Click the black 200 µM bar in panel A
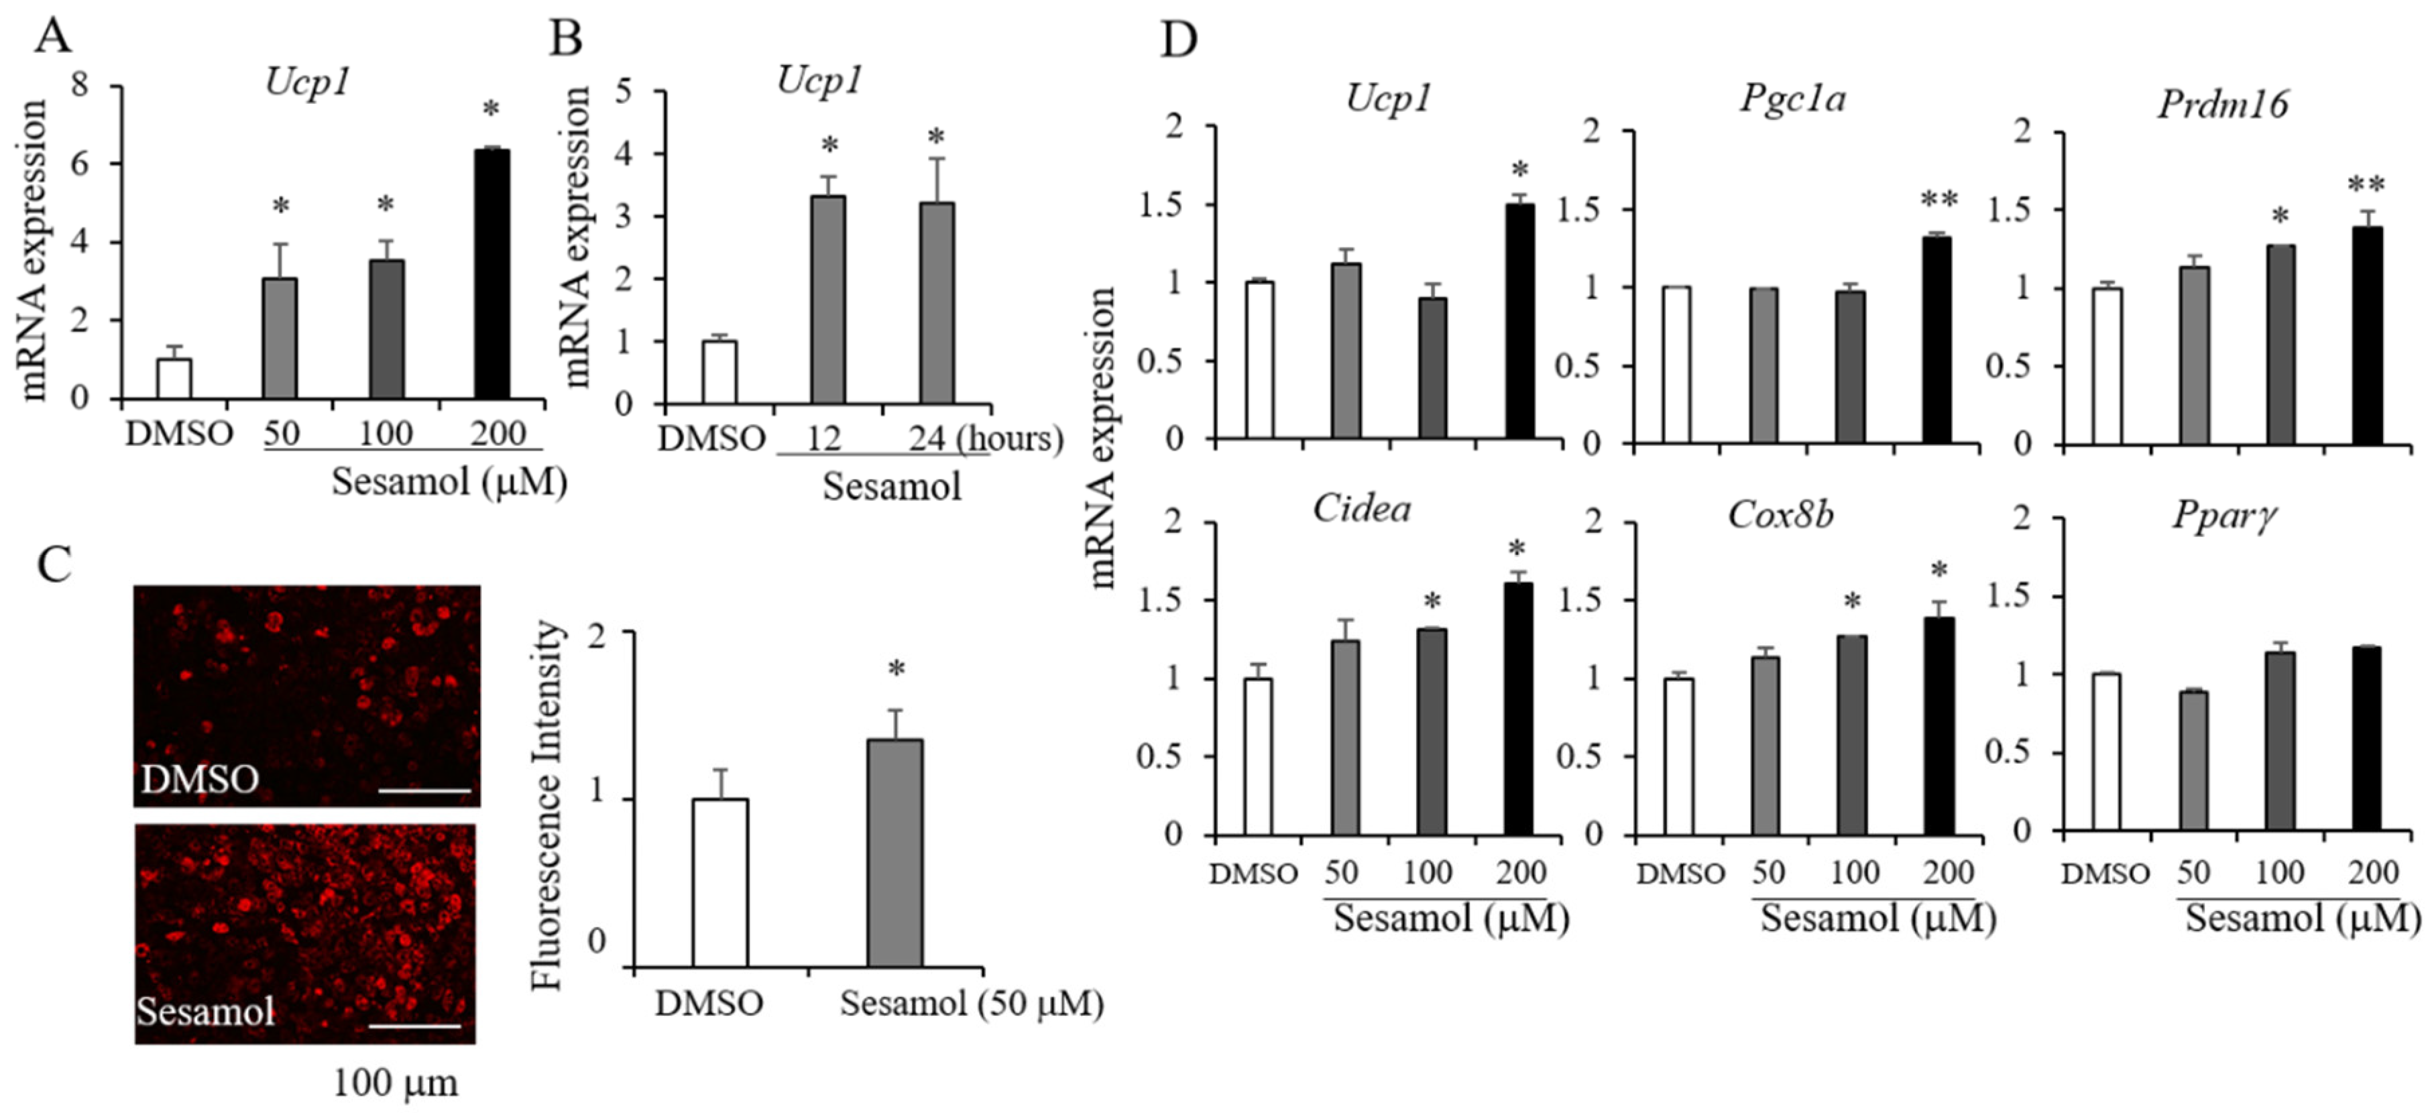pyautogui.click(x=491, y=274)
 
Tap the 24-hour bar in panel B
pyautogui.click(x=936, y=302)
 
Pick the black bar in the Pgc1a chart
pyautogui.click(x=1937, y=340)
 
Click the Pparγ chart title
pyautogui.click(x=2222, y=516)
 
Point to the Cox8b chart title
pyautogui.click(x=1780, y=515)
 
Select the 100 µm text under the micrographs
pyautogui.click(x=395, y=1083)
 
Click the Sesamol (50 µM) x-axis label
pyautogui.click(x=972, y=1004)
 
